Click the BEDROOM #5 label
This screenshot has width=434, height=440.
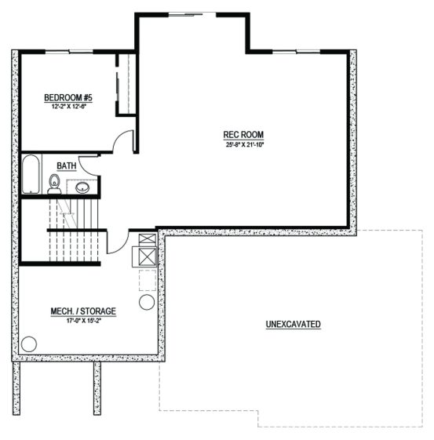[x=68, y=98]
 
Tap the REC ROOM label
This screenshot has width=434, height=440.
[x=243, y=135]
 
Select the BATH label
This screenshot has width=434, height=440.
[x=67, y=165]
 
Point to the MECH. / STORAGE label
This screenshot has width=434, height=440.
[x=83, y=311]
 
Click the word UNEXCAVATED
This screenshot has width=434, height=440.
[x=293, y=324]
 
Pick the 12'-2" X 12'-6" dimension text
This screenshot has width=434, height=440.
[x=68, y=107]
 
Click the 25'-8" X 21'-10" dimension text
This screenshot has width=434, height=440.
[x=245, y=145]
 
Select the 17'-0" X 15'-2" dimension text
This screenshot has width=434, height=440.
[x=83, y=321]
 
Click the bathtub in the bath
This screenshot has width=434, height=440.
[x=31, y=174]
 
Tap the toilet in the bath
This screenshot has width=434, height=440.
[x=54, y=184]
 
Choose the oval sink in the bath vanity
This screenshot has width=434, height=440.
[x=82, y=187]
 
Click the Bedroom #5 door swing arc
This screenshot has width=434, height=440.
[x=118, y=137]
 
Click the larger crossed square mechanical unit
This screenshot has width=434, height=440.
[x=148, y=256]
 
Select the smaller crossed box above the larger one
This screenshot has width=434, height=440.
[x=148, y=238]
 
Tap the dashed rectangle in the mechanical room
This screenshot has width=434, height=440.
[x=148, y=280]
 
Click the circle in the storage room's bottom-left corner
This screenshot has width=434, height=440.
[x=29, y=344]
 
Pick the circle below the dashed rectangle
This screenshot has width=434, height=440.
[x=147, y=302]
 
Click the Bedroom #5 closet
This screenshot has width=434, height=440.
[x=126, y=84]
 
